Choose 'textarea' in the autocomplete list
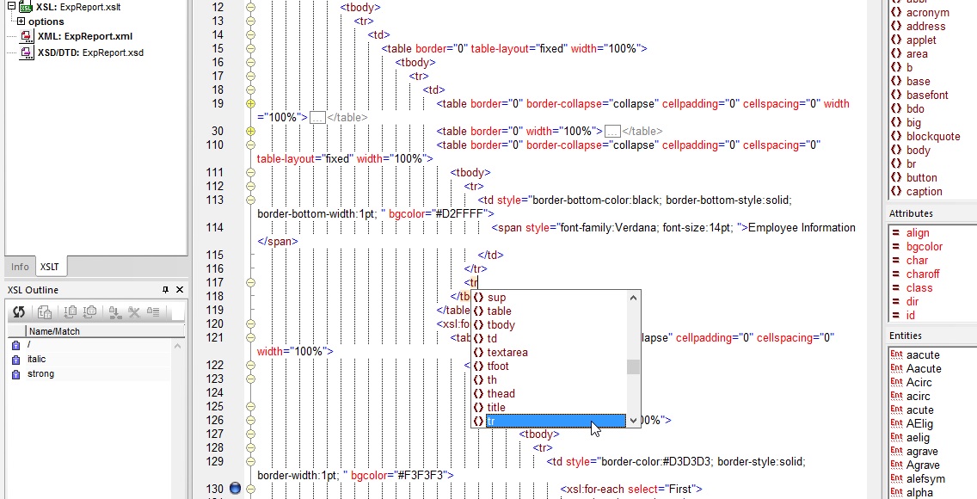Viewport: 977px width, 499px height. [x=507, y=353]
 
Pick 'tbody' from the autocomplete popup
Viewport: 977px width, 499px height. [x=501, y=325]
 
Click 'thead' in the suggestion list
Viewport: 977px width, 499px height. [x=501, y=394]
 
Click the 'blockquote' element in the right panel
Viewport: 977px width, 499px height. [x=933, y=137]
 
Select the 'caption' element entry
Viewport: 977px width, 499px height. [x=924, y=191]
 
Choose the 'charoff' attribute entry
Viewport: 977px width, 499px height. [x=923, y=274]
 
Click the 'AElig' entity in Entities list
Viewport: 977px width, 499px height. [x=919, y=423]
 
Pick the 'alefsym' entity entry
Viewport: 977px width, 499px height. [x=925, y=478]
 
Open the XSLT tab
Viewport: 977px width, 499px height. [x=50, y=267]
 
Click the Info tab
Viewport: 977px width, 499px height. [x=20, y=267]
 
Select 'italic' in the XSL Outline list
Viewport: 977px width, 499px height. [x=36, y=359]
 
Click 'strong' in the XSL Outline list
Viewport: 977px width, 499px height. [x=40, y=373]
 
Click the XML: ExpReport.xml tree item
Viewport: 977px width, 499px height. [x=85, y=36]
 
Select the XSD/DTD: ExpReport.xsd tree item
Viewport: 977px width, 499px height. [x=90, y=52]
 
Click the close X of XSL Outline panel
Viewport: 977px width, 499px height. [x=180, y=290]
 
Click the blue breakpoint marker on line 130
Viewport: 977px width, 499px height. [x=235, y=489]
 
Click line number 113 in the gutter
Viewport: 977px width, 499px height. [x=214, y=200]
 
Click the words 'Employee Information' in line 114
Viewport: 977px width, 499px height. [x=802, y=227]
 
